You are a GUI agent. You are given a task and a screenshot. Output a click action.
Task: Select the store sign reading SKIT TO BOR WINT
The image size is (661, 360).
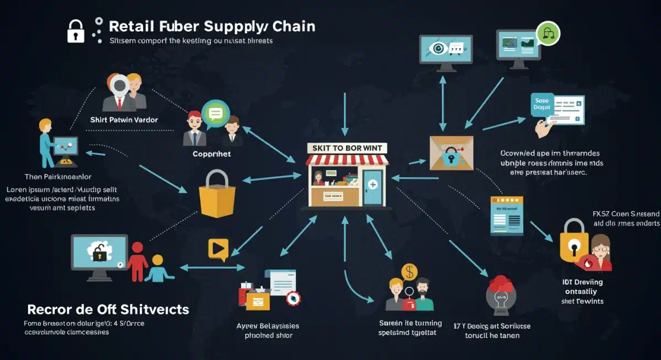[348, 148]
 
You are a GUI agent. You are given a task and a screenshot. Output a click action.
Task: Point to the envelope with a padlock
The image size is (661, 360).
[451, 154]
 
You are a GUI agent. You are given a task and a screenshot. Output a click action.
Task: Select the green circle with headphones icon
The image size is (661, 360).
[548, 34]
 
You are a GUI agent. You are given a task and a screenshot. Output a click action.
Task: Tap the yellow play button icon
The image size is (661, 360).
[218, 249]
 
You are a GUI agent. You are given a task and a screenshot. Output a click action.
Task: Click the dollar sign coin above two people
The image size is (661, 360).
[409, 271]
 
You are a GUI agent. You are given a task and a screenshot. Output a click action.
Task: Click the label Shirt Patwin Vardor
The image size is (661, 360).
[124, 119]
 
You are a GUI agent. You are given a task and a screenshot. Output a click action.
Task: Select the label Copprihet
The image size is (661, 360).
[212, 154]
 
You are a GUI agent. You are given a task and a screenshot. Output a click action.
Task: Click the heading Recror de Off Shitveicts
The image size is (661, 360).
[108, 309]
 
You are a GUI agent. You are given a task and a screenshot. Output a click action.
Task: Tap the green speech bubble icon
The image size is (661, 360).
[215, 113]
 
